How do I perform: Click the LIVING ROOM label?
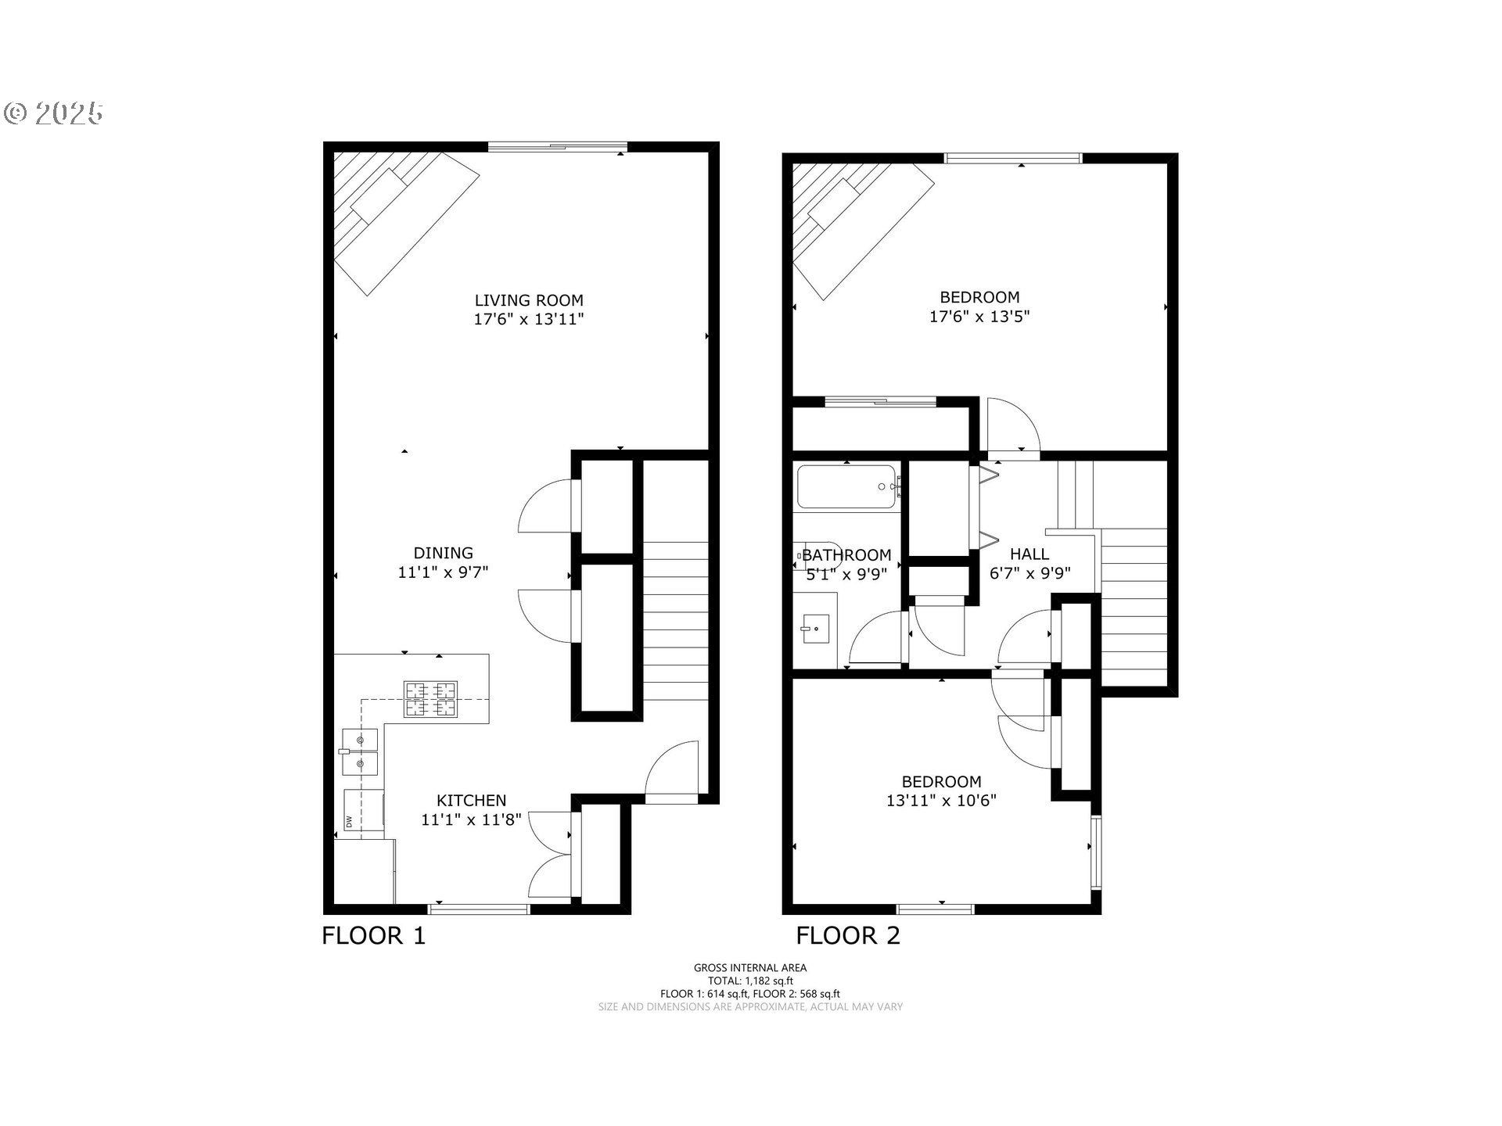pos(529,300)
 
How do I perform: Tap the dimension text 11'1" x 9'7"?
pos(443,572)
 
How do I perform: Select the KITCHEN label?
pos(471,800)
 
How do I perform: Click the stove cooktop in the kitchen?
pos(430,699)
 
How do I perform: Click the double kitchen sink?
pos(360,751)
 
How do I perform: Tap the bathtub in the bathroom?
pos(846,488)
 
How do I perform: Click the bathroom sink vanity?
pos(816,629)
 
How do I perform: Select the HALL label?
pos(1029,554)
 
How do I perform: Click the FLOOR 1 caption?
pos(373,935)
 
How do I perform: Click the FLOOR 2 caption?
pos(848,935)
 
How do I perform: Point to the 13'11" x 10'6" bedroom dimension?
pos(941,801)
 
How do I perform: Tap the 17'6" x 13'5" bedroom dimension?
pos(979,317)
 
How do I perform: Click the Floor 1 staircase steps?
pos(675,618)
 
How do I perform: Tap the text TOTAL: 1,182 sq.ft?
pos(750,981)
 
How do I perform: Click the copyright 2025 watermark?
pos(53,114)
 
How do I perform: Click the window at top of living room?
pos(557,146)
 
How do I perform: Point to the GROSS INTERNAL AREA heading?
pos(750,967)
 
